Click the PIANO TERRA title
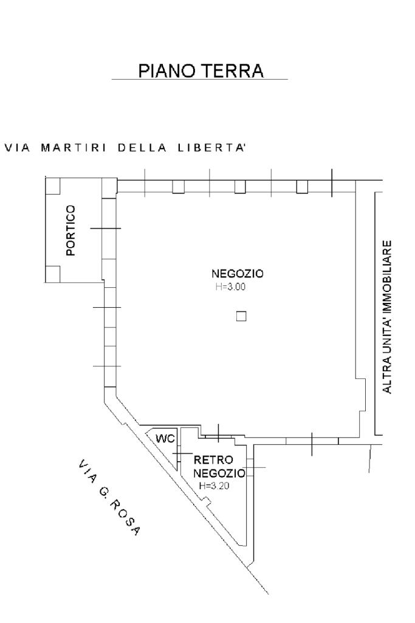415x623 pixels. [x=201, y=71]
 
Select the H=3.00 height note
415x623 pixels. [x=230, y=287]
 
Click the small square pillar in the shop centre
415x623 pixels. [x=241, y=316]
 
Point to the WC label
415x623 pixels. [x=165, y=439]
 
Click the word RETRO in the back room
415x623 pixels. [x=210, y=461]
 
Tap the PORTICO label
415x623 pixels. [x=72, y=231]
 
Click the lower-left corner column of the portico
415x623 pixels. [x=53, y=274]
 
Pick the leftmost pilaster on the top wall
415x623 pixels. [x=178, y=187]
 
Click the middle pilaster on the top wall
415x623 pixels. [x=240, y=187]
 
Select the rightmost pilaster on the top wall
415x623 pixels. [x=302, y=187]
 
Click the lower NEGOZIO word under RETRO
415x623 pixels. [x=219, y=473]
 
